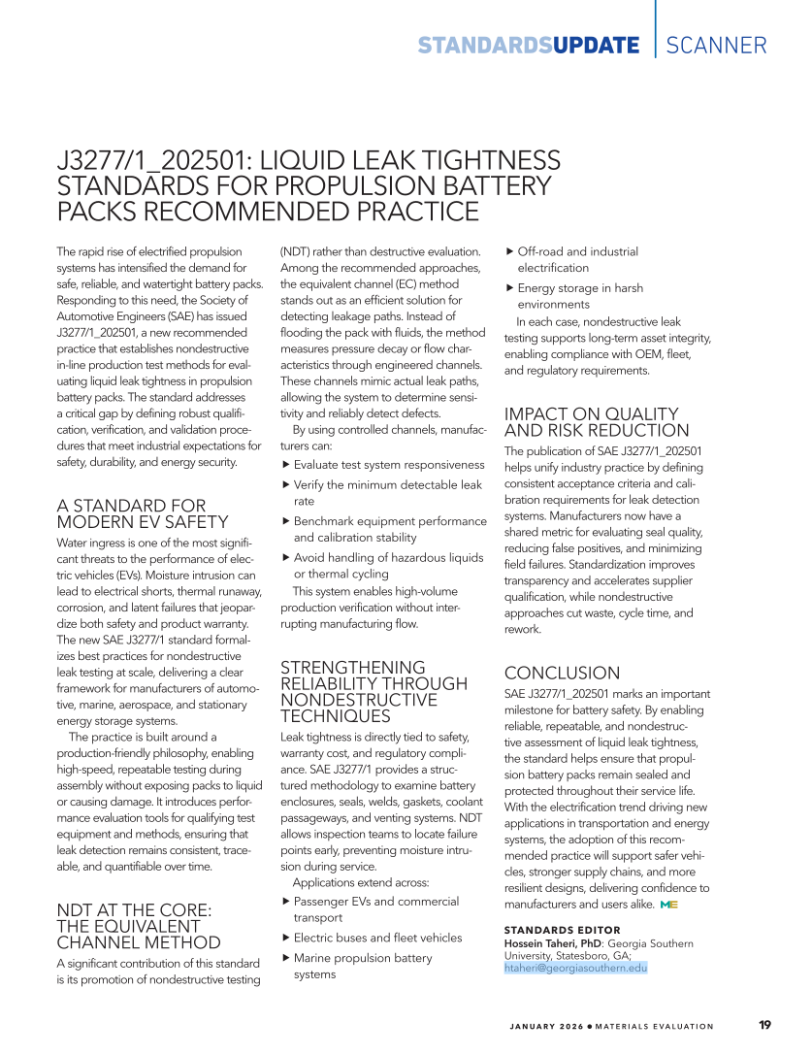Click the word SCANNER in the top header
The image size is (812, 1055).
717,45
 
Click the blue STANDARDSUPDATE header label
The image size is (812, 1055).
529,46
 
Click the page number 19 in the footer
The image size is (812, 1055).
765,1025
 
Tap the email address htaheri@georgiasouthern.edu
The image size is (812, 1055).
575,968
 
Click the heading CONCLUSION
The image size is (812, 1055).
562,673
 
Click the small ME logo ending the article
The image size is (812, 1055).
667,905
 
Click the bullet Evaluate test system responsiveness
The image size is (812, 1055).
388,465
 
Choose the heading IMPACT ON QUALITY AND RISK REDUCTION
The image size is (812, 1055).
597,422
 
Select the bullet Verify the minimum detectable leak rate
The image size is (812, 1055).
387,493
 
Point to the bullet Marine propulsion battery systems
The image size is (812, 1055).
362,966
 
